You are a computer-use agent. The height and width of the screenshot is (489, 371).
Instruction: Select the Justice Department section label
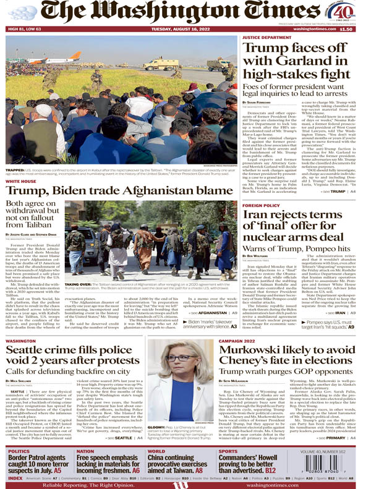pos(267,38)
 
